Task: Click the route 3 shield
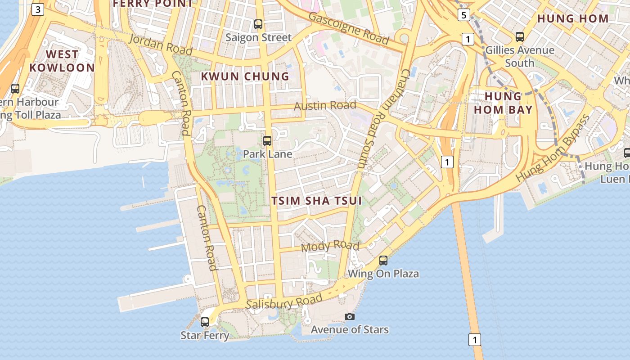tap(38, 9)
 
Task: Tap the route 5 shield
tap(464, 15)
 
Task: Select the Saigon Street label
tap(258, 37)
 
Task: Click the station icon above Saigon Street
tap(258, 24)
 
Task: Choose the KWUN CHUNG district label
tap(245, 76)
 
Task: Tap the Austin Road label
tap(325, 106)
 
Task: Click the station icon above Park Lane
tap(267, 141)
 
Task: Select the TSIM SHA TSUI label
tap(317, 201)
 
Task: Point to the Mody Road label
tap(330, 246)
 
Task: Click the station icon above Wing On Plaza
tap(383, 261)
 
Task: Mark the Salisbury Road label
tap(284, 302)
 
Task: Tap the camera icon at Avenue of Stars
tap(349, 317)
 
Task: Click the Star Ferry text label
tap(205, 335)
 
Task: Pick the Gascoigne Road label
tap(349, 28)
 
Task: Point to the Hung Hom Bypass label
tap(553, 148)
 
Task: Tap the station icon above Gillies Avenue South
tap(520, 37)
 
